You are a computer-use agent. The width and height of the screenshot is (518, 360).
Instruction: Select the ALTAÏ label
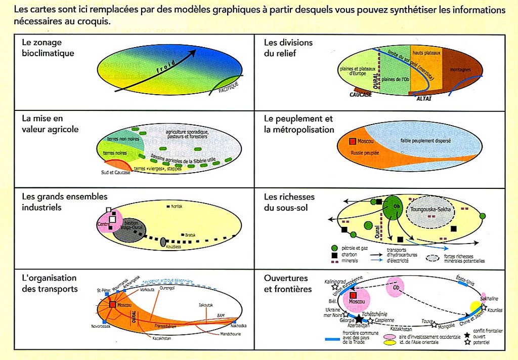(424, 98)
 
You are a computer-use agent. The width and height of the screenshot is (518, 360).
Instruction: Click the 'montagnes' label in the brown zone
(461, 69)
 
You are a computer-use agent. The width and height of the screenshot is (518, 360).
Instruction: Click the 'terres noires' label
(114, 152)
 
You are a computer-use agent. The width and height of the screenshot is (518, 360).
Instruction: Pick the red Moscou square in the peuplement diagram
(353, 142)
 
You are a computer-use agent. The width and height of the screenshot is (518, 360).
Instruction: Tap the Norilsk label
(177, 207)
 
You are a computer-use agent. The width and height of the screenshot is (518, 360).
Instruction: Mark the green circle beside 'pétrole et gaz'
(334, 248)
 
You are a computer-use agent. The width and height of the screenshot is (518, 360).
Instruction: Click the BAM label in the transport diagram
(221, 315)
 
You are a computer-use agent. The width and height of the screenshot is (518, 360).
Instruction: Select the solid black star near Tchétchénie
(359, 319)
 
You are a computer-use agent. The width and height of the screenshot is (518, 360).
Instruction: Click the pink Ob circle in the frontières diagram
(395, 286)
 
